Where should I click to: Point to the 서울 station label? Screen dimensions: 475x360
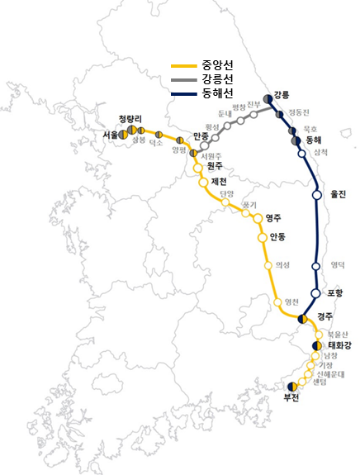click(x=111, y=135)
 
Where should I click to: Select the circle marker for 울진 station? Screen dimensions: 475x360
click(x=316, y=195)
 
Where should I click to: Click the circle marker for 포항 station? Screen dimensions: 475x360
click(x=315, y=292)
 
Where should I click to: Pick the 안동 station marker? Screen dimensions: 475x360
click(x=263, y=237)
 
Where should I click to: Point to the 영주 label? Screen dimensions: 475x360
click(x=272, y=218)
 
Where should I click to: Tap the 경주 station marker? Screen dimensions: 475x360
click(x=303, y=318)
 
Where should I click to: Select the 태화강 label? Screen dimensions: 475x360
click(x=339, y=345)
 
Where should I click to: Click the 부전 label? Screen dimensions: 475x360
click(x=291, y=397)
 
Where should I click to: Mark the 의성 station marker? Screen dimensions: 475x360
click(x=267, y=265)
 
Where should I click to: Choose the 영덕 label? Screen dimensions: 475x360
click(x=338, y=266)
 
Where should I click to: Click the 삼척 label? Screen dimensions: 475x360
click(x=321, y=153)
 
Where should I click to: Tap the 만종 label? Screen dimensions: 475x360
click(x=201, y=136)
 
